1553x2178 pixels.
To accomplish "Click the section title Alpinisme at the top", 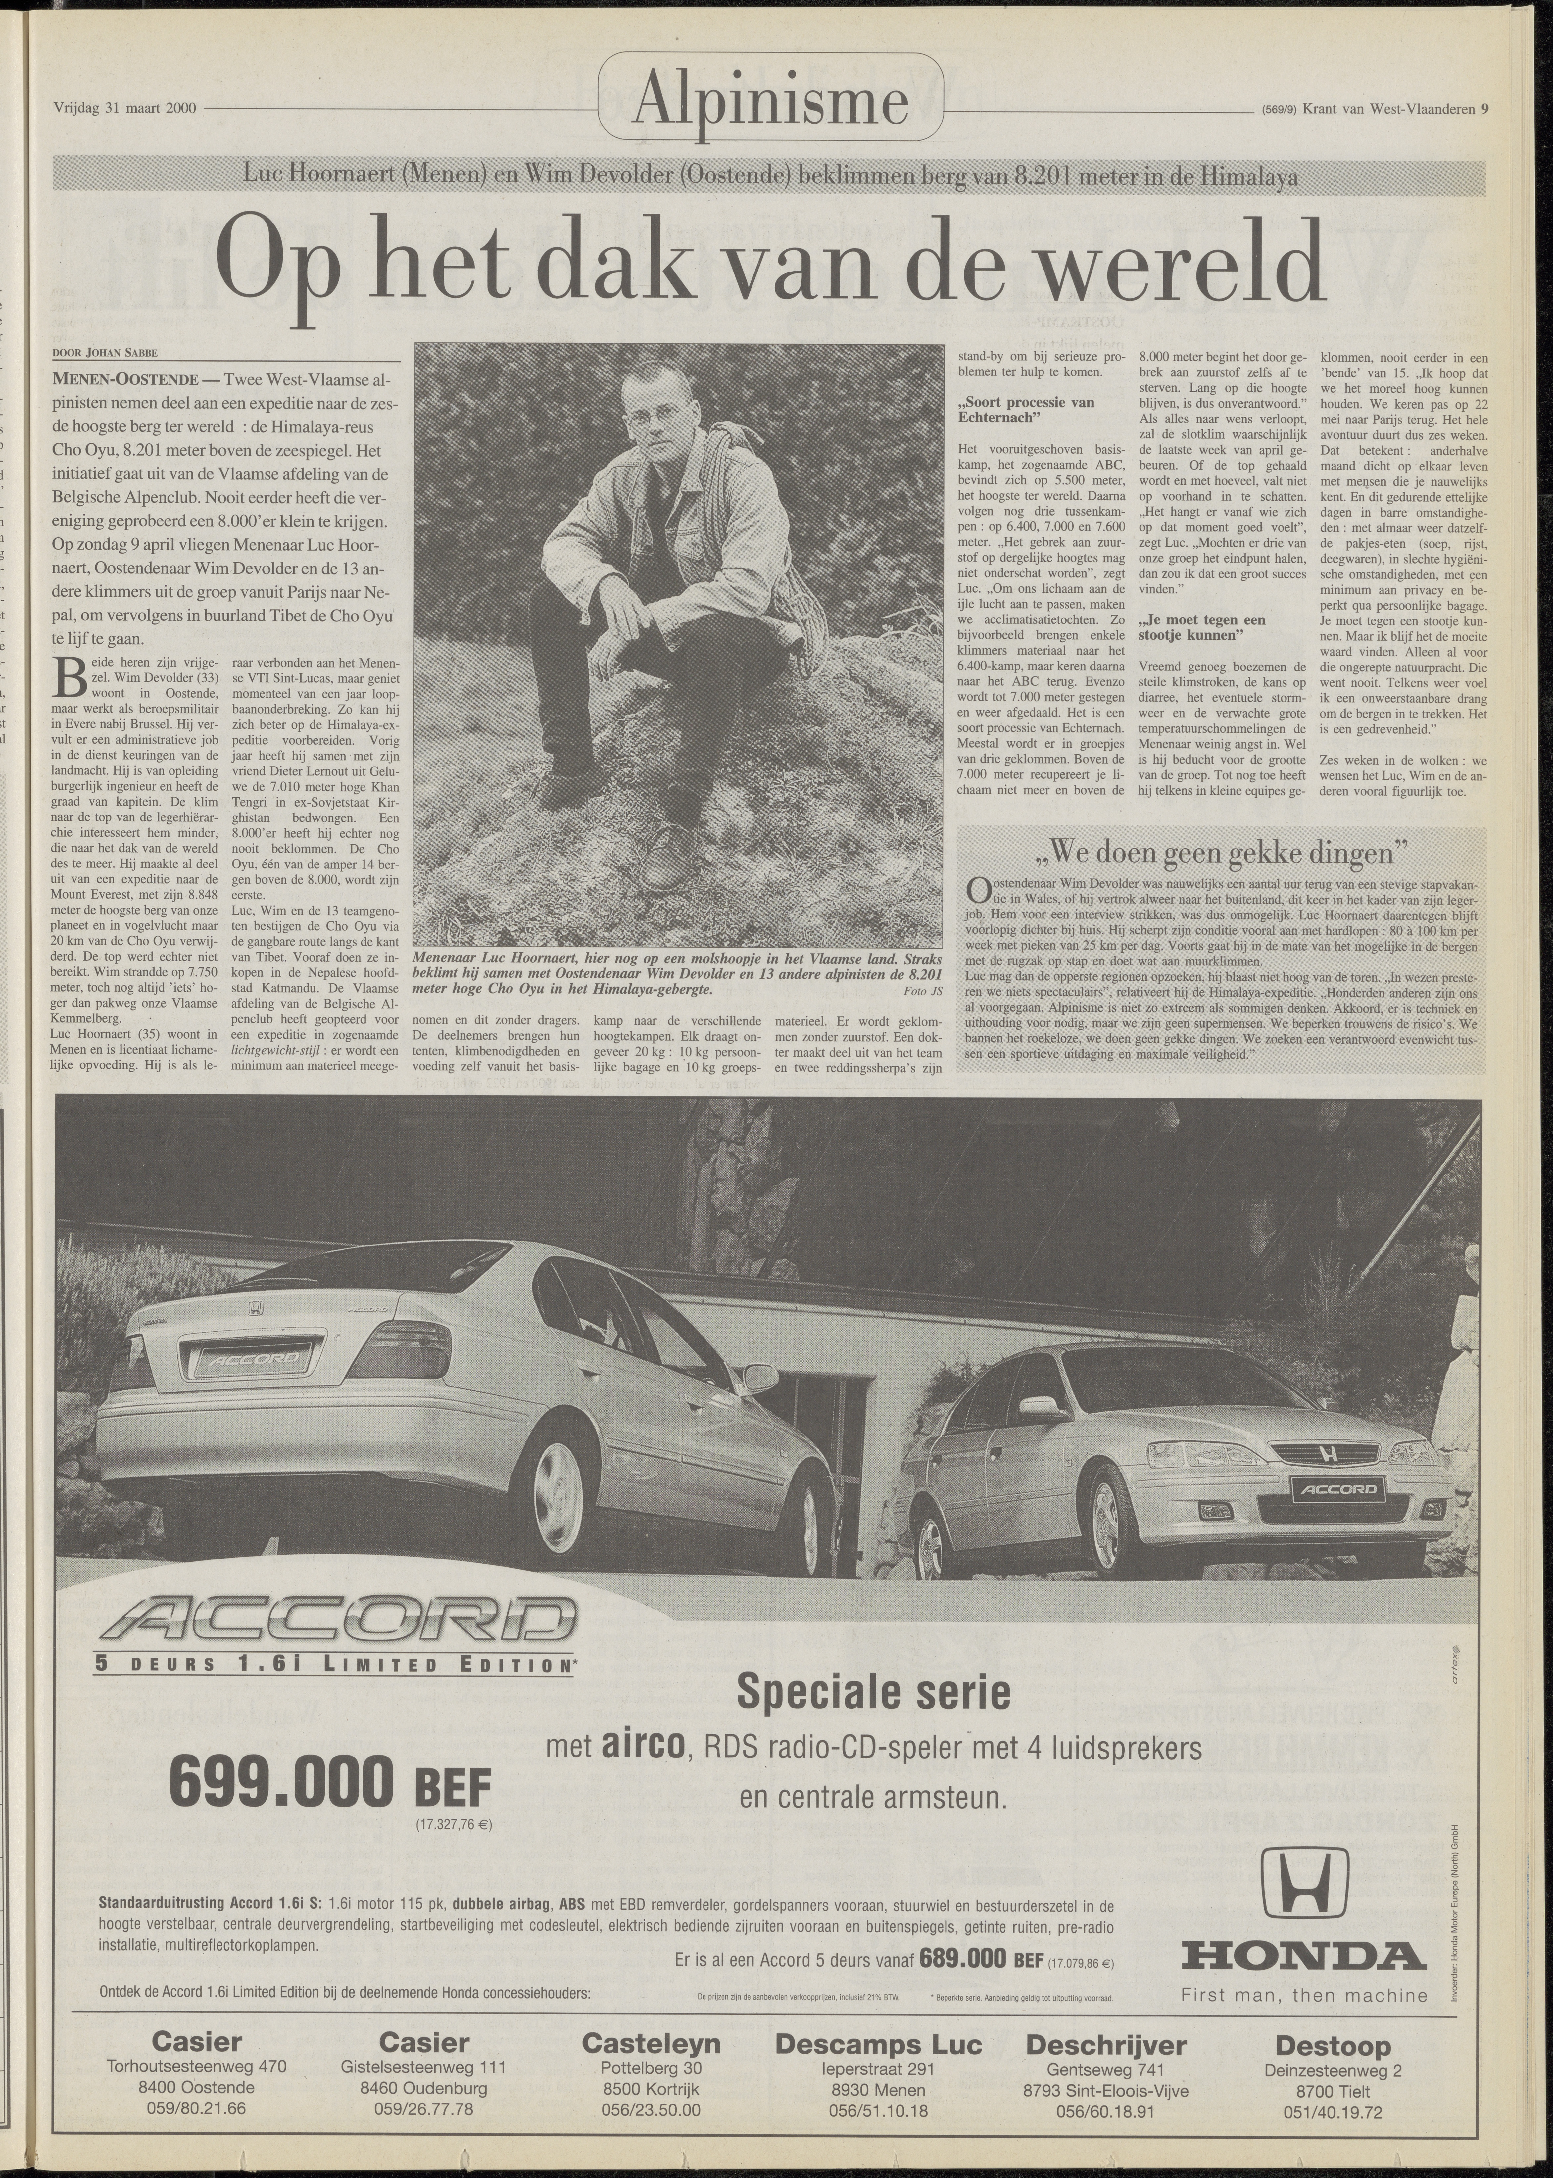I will coord(771,102).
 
